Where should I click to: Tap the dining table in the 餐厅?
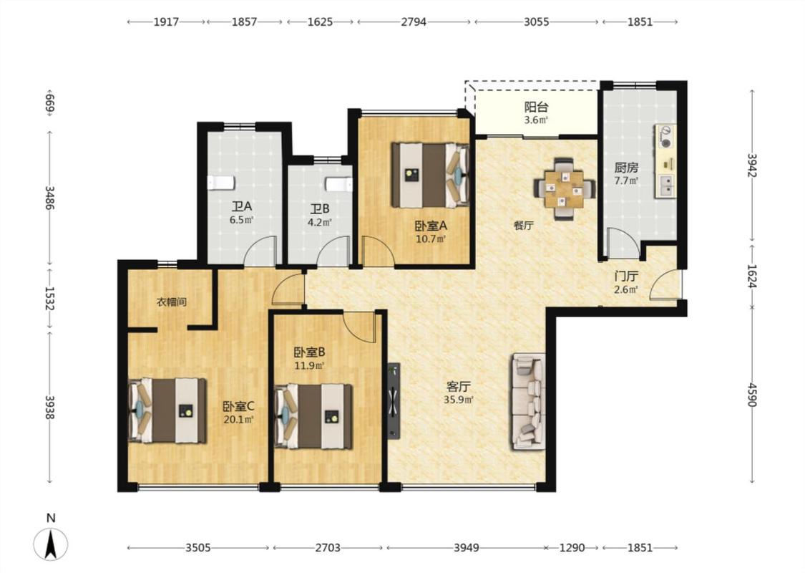tap(565, 188)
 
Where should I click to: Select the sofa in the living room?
tap(528, 401)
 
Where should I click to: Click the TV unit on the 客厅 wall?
tap(394, 401)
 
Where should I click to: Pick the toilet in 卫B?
tap(339, 184)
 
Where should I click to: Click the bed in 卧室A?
tap(431, 175)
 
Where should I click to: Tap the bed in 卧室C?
tap(167, 410)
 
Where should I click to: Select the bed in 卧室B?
tap(313, 416)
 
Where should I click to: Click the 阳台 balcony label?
tap(536, 107)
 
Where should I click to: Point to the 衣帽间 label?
tap(172, 302)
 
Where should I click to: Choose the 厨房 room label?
tap(626, 168)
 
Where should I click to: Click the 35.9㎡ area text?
tap(459, 399)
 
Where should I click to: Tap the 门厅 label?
tap(626, 276)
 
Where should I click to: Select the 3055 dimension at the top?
tap(537, 21)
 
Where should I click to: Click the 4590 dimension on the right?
tap(752, 394)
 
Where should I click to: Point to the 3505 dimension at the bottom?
tap(198, 548)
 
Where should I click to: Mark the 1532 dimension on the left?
tap(49, 299)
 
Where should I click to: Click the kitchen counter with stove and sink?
tap(665, 161)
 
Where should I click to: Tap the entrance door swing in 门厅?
tap(663, 284)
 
